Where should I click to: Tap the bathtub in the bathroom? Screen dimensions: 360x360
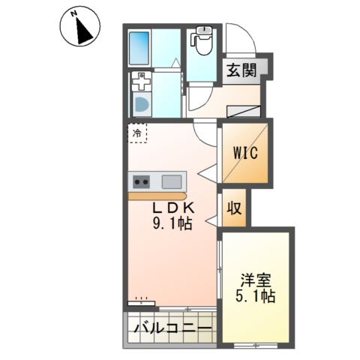point(139,46)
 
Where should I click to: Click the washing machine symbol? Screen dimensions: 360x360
point(141,102)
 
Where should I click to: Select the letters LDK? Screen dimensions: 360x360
point(175,208)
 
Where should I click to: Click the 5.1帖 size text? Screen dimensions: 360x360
point(256,296)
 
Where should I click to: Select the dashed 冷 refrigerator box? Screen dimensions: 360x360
point(137,133)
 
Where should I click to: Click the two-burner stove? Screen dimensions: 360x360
point(142,181)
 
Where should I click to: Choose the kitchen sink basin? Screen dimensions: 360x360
point(172,181)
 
